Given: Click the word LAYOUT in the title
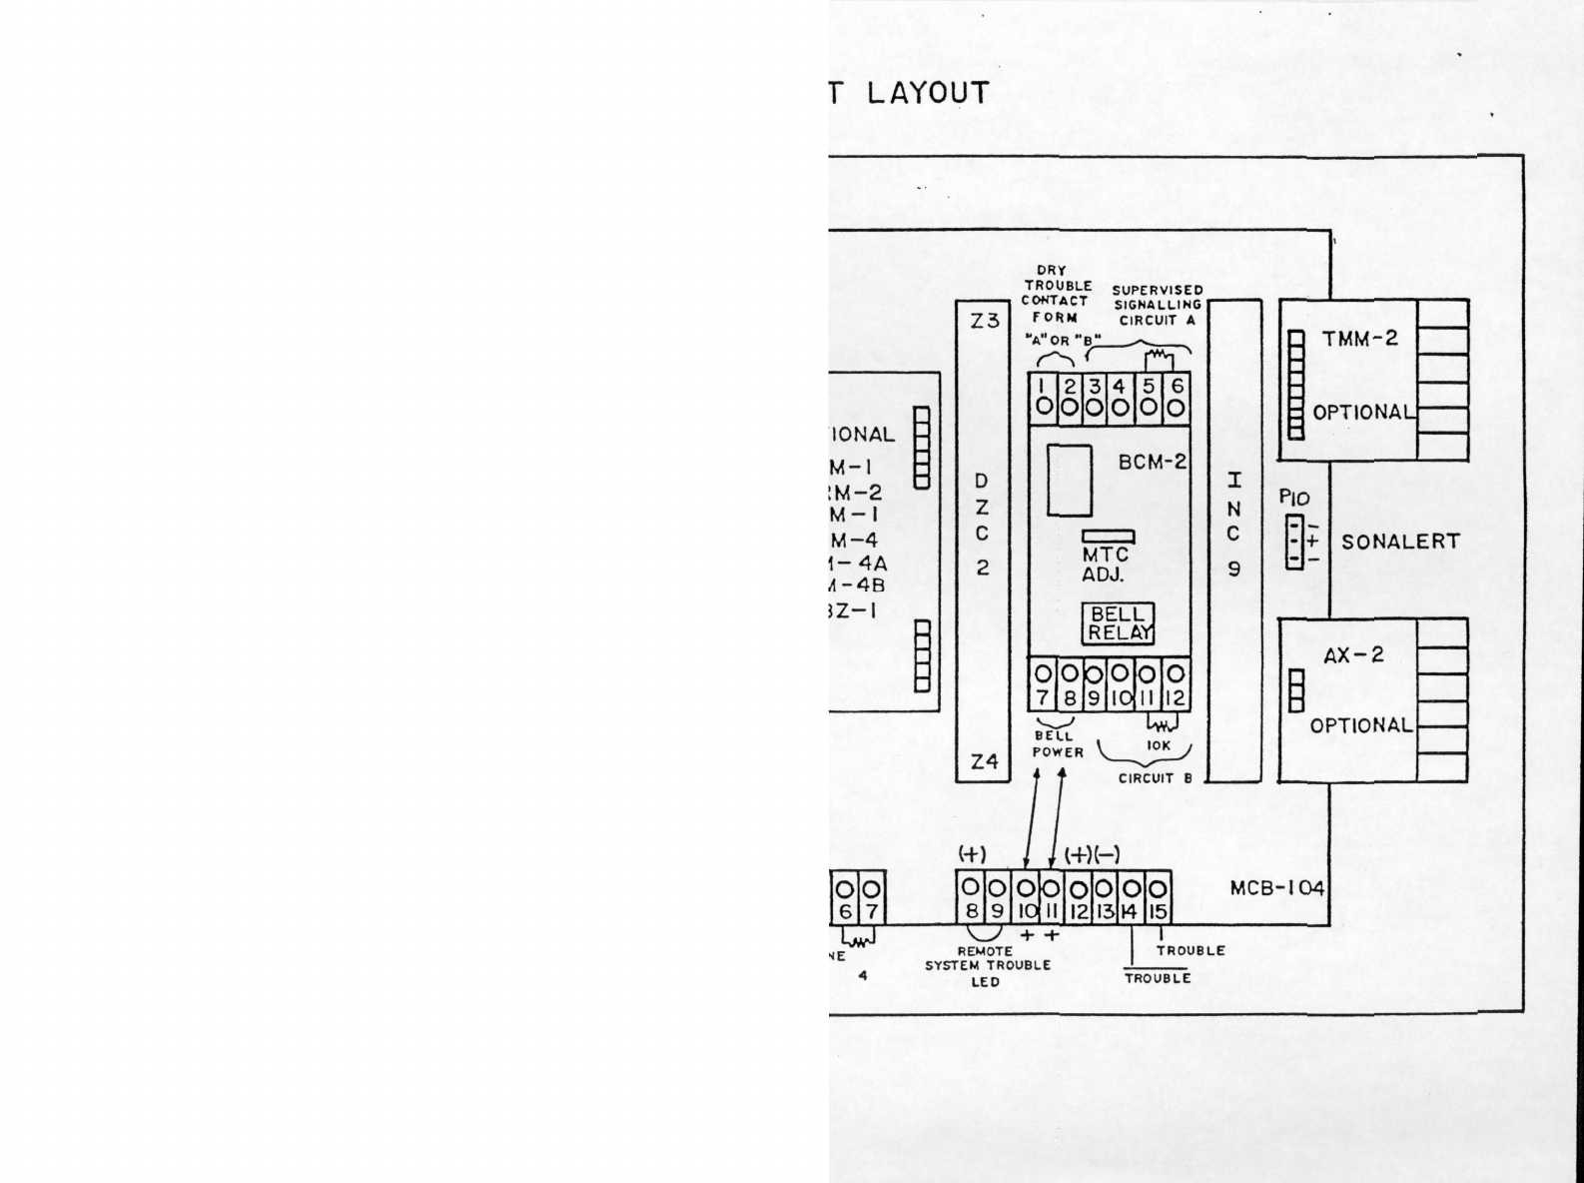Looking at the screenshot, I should [928, 93].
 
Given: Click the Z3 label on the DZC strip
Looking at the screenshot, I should [984, 322].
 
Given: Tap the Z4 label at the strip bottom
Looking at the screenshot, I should [984, 761].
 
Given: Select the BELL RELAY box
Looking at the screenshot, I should [1119, 622].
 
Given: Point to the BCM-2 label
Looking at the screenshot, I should [1152, 463].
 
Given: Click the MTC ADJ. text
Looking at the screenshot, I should [1105, 565].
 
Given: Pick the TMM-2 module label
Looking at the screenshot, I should [1360, 338].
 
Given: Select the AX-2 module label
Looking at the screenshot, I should [1353, 656].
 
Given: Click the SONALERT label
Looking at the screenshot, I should [1400, 543].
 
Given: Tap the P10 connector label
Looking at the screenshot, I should [1293, 498].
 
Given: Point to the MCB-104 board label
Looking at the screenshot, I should [1276, 888].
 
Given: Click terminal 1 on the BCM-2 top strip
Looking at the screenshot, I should [1043, 397].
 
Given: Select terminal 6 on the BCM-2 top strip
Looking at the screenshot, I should [1177, 397].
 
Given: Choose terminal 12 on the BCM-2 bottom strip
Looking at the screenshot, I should [1177, 684].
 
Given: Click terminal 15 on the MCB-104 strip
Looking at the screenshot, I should [1157, 897].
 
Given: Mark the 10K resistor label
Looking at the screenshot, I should [1159, 745].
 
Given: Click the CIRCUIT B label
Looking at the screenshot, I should [1155, 778].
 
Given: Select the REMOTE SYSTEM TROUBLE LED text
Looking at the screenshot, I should [987, 966].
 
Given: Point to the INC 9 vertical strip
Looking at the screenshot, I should [1234, 540].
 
